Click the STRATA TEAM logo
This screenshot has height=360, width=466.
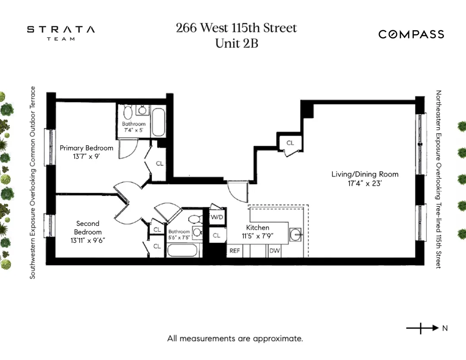[x=61, y=33]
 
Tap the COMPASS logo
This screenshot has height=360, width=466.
[x=411, y=34]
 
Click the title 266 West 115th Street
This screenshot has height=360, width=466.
[x=236, y=28]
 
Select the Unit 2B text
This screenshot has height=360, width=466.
[x=236, y=43]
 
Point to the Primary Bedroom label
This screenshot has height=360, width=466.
[x=86, y=148]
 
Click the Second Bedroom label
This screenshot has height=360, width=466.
[x=88, y=228]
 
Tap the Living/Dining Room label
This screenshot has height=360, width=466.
[x=365, y=174]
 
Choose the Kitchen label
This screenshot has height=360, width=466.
[x=258, y=228]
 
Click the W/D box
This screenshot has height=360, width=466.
[x=217, y=217]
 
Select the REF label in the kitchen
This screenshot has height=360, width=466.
[x=234, y=250]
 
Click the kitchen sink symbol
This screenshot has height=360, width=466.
[x=296, y=235]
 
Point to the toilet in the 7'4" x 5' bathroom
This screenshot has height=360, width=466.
[x=128, y=113]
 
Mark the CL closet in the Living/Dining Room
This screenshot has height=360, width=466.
[x=290, y=143]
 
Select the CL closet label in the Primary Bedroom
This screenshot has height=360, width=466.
[x=160, y=163]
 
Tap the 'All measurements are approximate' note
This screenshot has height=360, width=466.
[x=235, y=338]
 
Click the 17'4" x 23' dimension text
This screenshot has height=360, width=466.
[x=365, y=183]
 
